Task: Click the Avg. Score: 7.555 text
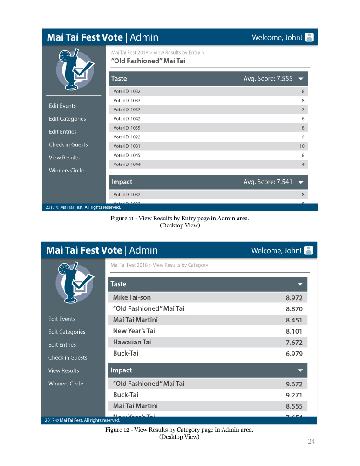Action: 268,79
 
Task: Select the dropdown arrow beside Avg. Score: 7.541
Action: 301,182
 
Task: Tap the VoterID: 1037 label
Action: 127,110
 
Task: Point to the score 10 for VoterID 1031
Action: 302,146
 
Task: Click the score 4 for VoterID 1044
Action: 303,164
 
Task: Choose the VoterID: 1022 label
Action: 127,137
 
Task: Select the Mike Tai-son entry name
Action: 132,297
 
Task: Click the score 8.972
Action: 294,298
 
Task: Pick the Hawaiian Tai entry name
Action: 132,342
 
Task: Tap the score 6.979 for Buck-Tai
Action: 294,354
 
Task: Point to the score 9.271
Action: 294,395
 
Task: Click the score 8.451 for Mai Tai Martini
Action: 294,320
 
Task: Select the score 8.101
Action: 294,331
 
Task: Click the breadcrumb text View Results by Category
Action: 180,265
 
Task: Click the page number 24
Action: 311,441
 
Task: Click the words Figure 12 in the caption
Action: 117,430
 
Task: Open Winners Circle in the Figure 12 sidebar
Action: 66,384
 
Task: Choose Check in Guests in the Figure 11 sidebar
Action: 68,144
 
